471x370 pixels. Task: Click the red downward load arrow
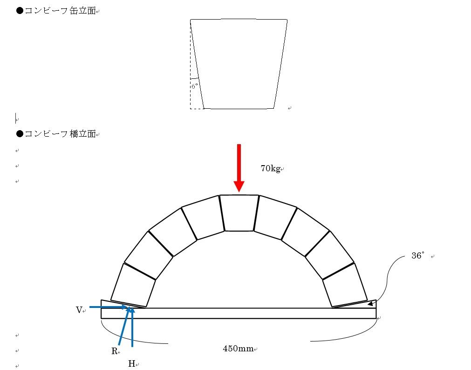click(239, 168)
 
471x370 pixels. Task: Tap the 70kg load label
click(270, 168)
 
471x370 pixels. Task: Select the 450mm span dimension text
click(238, 349)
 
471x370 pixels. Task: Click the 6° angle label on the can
click(195, 86)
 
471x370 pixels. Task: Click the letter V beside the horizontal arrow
click(79, 310)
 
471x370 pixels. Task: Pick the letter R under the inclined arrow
click(114, 351)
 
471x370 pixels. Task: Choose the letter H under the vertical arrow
click(131, 363)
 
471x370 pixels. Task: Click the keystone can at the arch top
click(239, 213)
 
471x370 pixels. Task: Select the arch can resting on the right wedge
click(345, 285)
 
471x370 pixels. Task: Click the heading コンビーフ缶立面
click(60, 11)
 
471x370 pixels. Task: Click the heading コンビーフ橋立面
click(60, 133)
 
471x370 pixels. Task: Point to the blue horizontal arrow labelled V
click(109, 307)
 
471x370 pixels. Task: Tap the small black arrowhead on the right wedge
click(370, 304)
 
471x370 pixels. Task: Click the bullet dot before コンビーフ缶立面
click(20, 11)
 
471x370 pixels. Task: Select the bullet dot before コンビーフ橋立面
click(20, 133)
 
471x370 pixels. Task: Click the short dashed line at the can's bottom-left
click(197, 109)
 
